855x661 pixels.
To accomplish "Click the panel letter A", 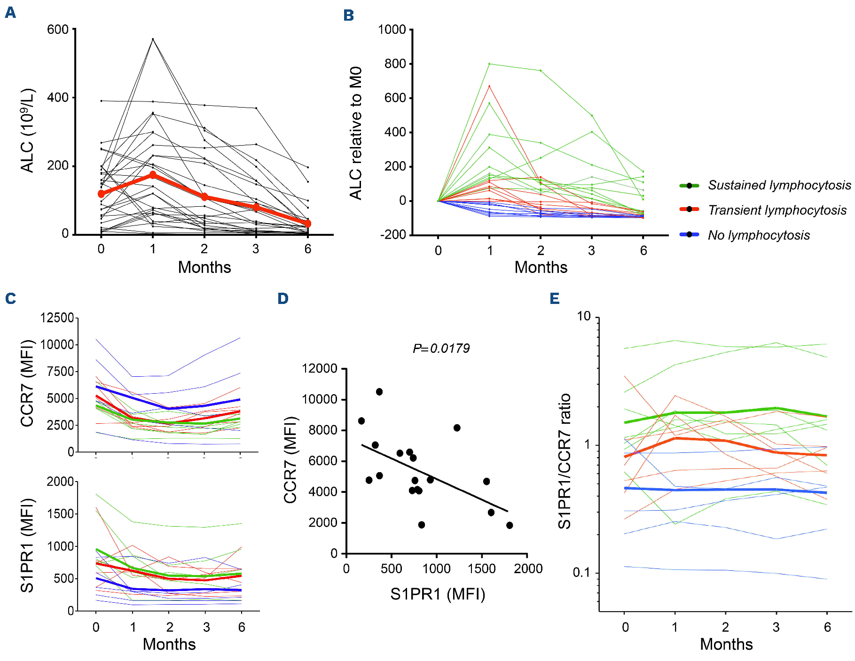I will [x=10, y=13].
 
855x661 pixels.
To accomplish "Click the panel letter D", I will [x=282, y=298].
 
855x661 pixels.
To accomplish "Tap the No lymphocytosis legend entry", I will [x=759, y=235].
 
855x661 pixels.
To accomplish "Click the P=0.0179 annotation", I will [x=441, y=348].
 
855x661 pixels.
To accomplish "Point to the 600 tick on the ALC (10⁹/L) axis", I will [x=58, y=30].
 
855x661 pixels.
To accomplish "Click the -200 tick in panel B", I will [x=392, y=235].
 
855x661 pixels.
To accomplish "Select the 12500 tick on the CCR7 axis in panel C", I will [x=57, y=318].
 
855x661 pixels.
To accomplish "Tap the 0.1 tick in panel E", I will [x=582, y=573].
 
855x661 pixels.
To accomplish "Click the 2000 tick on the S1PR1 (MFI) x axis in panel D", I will [x=528, y=569].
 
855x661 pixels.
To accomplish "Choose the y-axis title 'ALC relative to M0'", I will [x=356, y=133].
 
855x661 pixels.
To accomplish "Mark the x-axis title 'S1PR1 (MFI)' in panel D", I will [x=438, y=594].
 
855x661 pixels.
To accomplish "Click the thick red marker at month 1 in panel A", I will [x=153, y=175].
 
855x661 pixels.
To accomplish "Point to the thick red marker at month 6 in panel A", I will [x=307, y=224].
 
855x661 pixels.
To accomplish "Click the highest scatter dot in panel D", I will [x=379, y=392].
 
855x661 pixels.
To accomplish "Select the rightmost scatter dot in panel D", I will [x=510, y=525].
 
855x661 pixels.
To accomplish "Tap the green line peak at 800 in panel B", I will [x=489, y=63].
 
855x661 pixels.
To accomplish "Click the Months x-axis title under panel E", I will [x=726, y=644].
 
